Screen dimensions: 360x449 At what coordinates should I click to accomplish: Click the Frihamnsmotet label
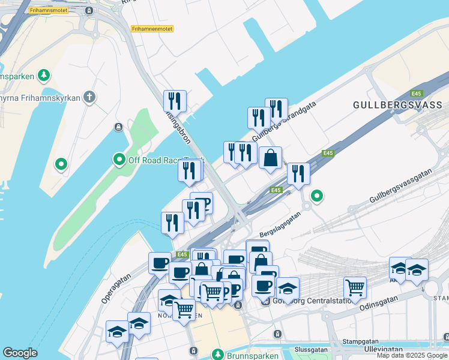click(x=49, y=10)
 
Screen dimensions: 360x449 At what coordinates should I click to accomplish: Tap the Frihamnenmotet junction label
click(x=152, y=28)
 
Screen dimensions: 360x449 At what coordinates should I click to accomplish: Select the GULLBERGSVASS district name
click(x=397, y=105)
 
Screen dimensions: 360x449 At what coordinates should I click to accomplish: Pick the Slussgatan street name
click(x=312, y=349)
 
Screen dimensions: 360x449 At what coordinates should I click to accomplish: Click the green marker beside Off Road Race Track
click(x=119, y=160)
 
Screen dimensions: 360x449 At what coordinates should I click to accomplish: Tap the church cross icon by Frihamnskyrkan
click(x=89, y=97)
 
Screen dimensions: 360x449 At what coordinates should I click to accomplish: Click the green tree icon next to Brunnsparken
click(x=217, y=354)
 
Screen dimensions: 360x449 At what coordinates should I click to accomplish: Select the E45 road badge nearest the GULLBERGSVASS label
click(x=416, y=94)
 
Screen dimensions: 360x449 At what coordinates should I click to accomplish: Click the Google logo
click(x=20, y=353)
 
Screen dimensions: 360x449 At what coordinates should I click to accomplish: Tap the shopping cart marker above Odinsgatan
click(x=355, y=287)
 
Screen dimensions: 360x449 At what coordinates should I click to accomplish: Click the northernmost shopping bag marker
click(x=271, y=158)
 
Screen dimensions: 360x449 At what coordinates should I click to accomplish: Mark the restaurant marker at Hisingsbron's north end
click(x=175, y=100)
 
